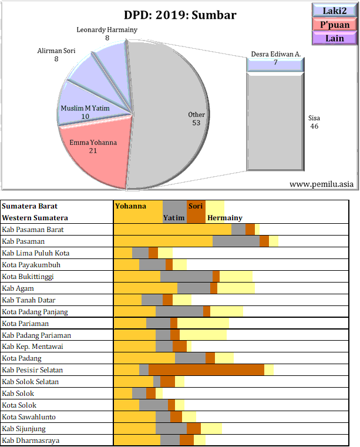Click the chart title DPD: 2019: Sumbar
click(x=180, y=15)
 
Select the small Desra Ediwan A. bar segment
click(x=275, y=65)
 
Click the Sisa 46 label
click(x=314, y=122)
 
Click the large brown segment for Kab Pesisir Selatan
click(x=206, y=370)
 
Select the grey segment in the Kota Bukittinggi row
click(x=186, y=276)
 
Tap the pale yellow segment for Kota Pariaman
click(x=203, y=323)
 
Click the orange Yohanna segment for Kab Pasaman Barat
click(x=172, y=229)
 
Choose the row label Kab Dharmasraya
click(x=31, y=441)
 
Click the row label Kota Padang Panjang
click(x=35, y=311)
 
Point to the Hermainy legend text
click(x=224, y=218)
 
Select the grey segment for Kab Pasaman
click(x=235, y=241)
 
